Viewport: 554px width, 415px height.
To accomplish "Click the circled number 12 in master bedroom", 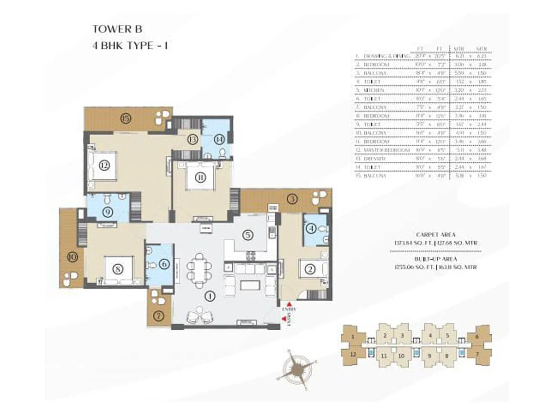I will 104,165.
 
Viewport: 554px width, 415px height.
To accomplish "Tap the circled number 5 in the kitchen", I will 248,235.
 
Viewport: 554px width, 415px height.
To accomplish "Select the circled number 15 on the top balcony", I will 126,119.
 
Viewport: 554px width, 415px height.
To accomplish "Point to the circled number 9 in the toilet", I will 108,212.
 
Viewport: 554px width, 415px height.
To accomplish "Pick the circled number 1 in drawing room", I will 210,296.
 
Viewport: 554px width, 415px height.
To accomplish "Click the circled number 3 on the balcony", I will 293,199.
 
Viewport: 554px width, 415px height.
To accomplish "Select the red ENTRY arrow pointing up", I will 289,304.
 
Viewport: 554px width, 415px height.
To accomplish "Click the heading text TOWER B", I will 117,29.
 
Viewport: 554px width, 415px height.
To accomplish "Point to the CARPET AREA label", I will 435,234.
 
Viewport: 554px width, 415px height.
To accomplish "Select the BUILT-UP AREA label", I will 435,259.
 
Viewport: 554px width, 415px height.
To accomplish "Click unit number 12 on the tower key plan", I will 353,354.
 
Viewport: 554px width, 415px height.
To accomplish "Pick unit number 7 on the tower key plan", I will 477,354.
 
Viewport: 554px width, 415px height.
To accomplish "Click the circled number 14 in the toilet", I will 219,139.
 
